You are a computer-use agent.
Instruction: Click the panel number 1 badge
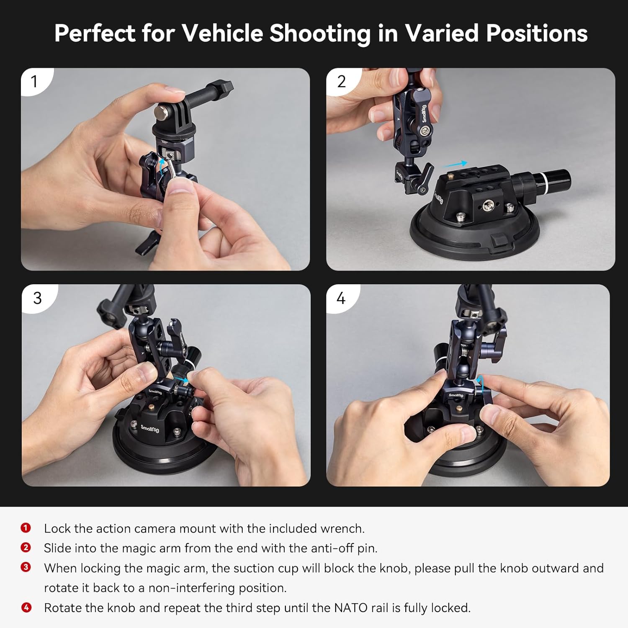tap(34, 81)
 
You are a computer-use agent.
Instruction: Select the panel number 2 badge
tap(341, 81)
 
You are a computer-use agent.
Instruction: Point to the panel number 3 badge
tap(37, 298)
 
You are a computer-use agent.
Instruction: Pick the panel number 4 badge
tap(341, 298)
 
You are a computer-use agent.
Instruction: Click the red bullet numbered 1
tap(26, 528)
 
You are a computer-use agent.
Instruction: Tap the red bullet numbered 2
tap(26, 548)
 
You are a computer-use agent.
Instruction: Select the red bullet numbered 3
tap(26, 567)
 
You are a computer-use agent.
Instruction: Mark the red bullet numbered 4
tap(26, 607)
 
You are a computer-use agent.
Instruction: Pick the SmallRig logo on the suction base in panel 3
tap(149, 428)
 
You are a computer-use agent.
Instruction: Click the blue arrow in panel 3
tap(181, 379)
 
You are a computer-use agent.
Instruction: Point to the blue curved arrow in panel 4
tap(481, 382)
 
